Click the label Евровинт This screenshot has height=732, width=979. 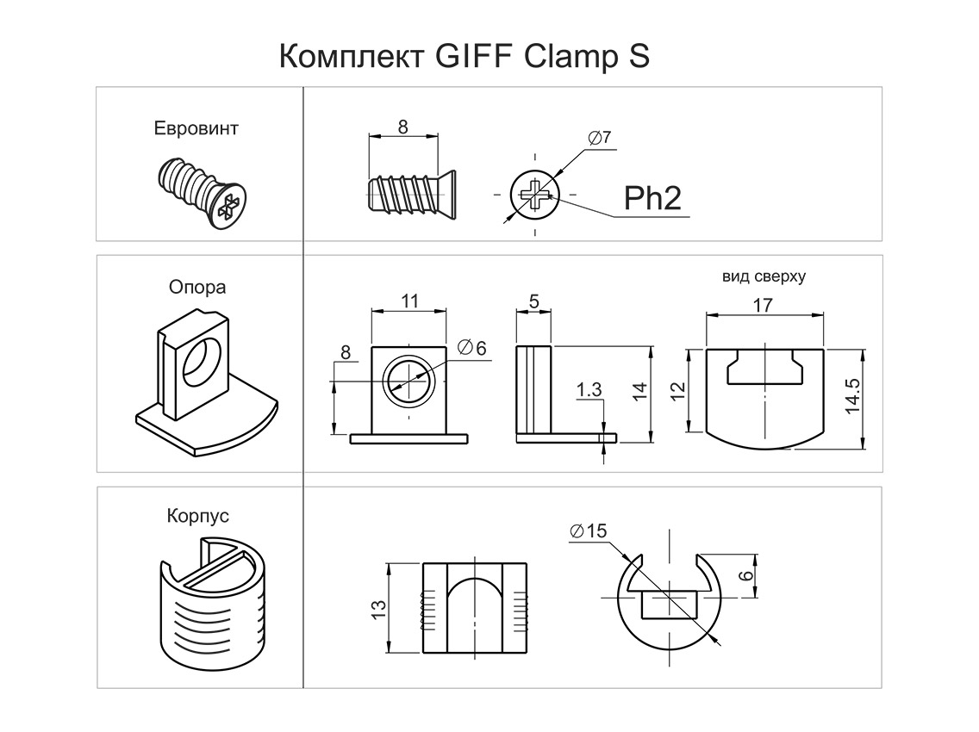(x=196, y=129)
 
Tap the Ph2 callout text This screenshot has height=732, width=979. (x=652, y=199)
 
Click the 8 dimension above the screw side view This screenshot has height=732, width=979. (x=403, y=126)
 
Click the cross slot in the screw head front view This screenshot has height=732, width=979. (x=535, y=195)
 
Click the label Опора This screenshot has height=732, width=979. (x=197, y=287)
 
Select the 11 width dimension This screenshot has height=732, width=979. (x=409, y=301)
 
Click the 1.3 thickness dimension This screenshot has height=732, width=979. (x=589, y=390)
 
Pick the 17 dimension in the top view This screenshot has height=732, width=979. (x=763, y=304)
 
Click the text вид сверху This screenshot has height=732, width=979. (x=764, y=277)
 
